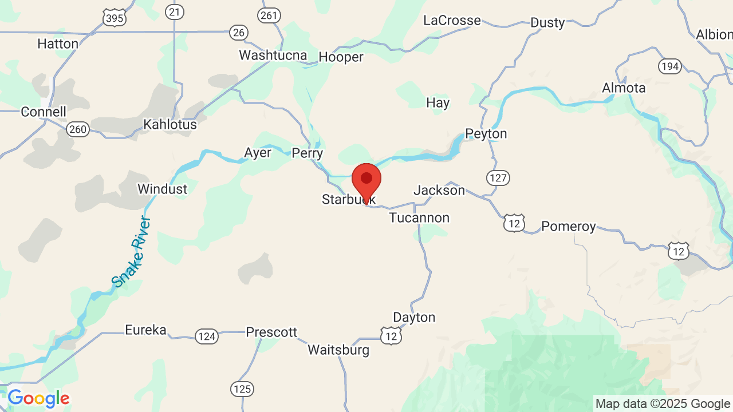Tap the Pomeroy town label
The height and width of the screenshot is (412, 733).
click(568, 227)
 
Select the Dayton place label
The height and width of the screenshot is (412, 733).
click(414, 317)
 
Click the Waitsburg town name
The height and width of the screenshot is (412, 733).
click(338, 350)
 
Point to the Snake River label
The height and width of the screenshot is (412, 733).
click(131, 252)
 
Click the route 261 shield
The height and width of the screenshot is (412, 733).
click(269, 15)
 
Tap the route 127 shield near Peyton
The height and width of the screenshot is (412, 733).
click(498, 178)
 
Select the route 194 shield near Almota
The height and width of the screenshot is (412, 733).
click(669, 66)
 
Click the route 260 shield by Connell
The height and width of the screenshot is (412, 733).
click(77, 129)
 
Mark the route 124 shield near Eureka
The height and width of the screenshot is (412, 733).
click(206, 336)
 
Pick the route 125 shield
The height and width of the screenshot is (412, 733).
click(243, 389)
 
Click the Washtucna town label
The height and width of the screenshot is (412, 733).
click(273, 56)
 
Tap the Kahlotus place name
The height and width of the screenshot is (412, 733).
click(170, 124)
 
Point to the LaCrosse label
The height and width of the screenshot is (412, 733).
click(452, 21)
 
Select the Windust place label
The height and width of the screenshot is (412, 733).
click(162, 189)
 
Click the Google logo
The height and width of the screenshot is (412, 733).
click(38, 398)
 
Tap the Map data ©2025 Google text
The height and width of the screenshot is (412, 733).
click(663, 404)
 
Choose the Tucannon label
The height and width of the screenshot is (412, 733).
click(419, 218)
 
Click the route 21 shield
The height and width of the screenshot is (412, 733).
click(175, 11)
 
